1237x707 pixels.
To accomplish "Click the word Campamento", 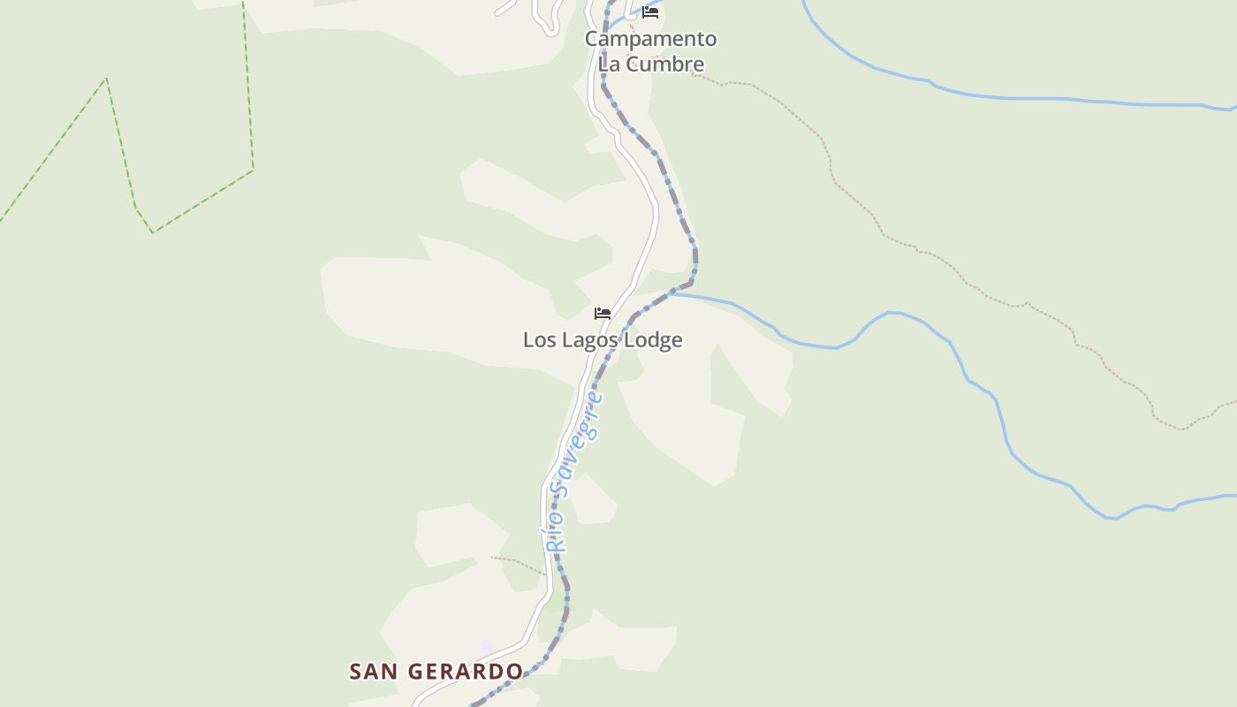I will pyautogui.click(x=650, y=39).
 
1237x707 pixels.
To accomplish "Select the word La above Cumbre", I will pyautogui.click(x=609, y=64).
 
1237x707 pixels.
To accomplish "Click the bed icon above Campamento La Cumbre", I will pyautogui.click(x=650, y=12).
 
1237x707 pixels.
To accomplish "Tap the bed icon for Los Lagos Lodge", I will pyautogui.click(x=603, y=314).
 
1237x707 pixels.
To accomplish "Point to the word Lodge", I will pyautogui.click(x=654, y=340).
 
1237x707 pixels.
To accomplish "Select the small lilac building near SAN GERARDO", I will pyautogui.click(x=487, y=647).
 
